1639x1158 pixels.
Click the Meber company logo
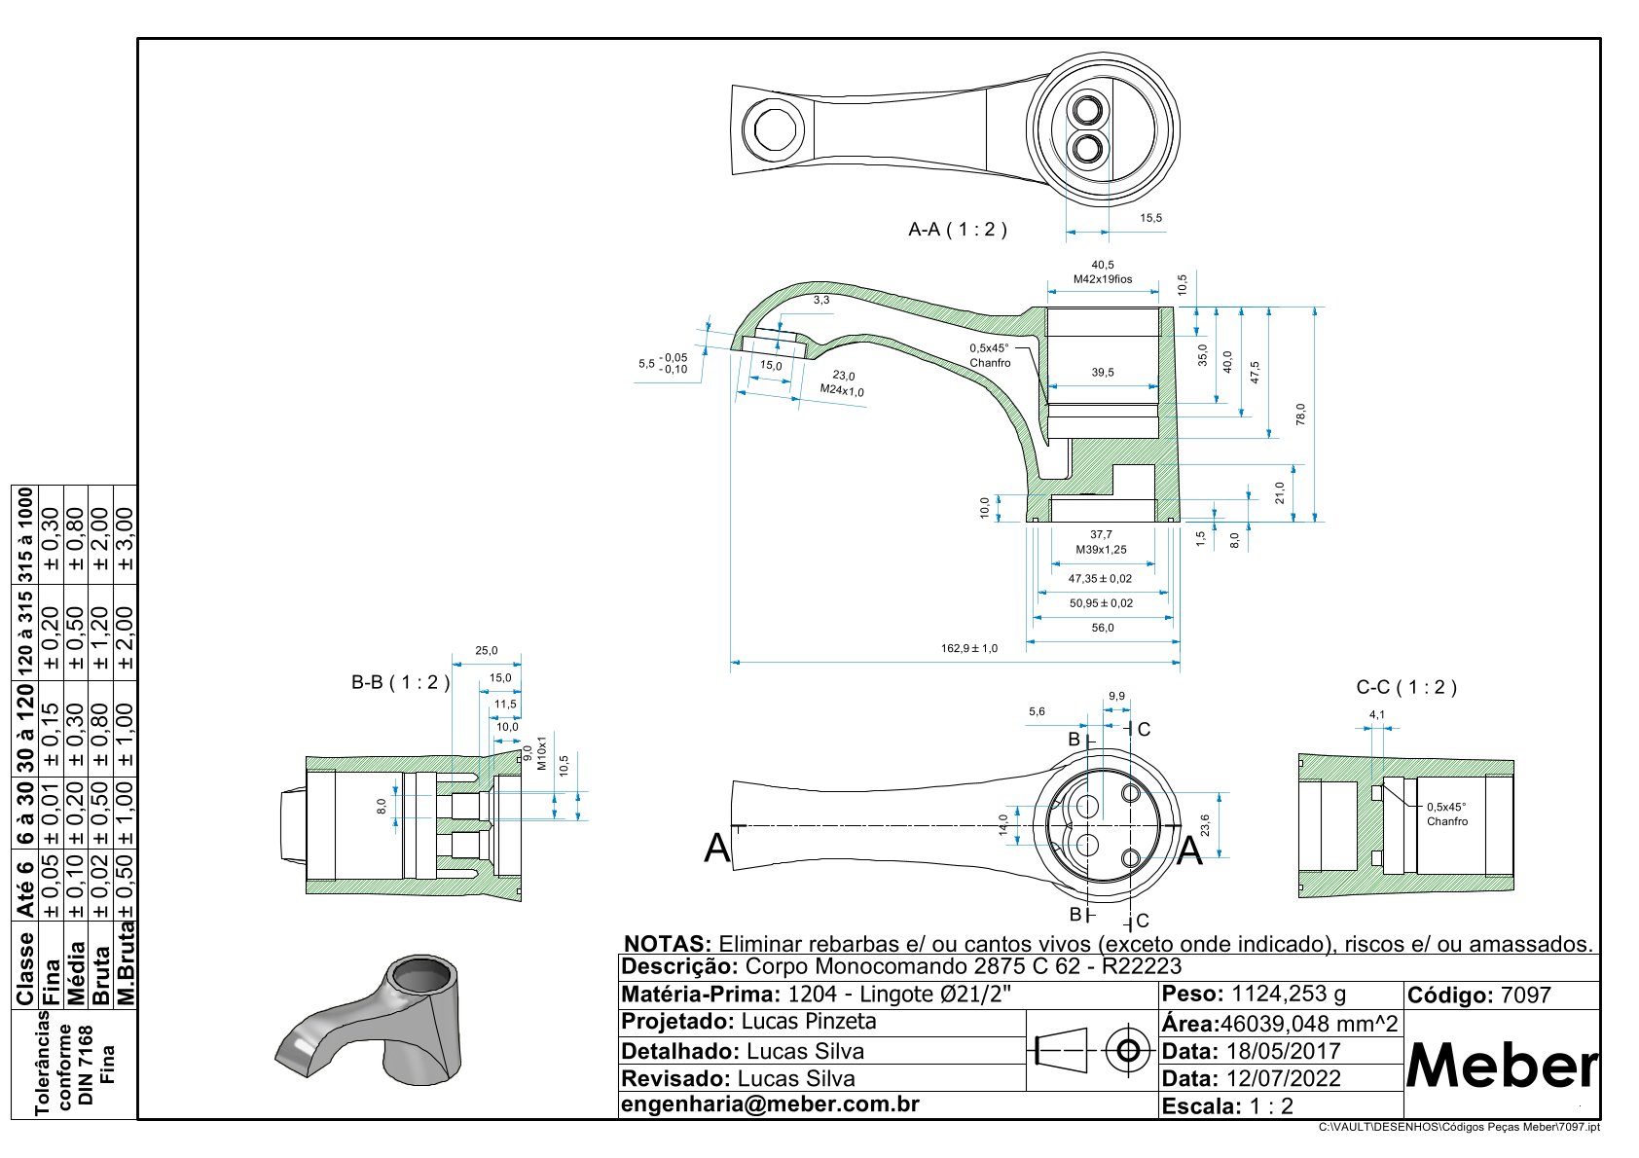(1502, 1067)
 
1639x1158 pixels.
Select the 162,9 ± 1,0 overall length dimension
(968, 648)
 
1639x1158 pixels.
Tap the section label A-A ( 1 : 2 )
(957, 230)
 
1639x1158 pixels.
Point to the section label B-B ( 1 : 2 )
(400, 683)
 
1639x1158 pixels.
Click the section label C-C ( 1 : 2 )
(1405, 688)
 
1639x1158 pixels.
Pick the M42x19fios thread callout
(1103, 279)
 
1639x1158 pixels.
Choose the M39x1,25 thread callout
(1101, 550)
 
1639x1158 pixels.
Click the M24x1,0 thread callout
(842, 391)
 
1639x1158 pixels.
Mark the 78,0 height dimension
(1300, 414)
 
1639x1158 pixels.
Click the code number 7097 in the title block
(1525, 995)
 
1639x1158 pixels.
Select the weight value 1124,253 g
(1288, 995)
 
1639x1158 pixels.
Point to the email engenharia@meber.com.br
(770, 1104)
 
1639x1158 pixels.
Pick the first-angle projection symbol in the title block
(1092, 1051)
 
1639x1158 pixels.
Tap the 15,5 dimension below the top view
(1150, 219)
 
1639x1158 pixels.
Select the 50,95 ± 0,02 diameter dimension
(1101, 603)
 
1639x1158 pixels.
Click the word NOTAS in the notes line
(667, 944)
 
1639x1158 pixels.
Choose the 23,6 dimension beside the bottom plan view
(1205, 825)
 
